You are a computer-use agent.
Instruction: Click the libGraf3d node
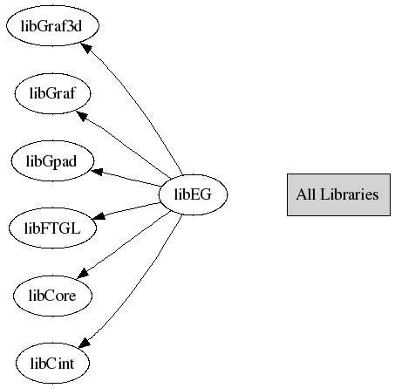(52, 25)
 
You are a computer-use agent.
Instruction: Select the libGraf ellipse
(52, 93)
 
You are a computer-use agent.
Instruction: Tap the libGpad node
(52, 160)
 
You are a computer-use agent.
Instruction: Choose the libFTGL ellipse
(52, 228)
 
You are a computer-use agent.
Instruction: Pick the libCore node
(52, 296)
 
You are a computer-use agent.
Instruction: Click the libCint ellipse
(52, 363)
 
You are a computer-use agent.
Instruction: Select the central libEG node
(194, 194)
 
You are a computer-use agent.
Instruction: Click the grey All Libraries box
(338, 194)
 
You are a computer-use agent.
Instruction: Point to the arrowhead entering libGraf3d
(86, 48)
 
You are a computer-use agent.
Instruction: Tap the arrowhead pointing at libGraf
(82, 116)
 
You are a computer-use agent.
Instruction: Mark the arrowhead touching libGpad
(97, 171)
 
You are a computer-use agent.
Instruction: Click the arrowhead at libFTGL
(99, 216)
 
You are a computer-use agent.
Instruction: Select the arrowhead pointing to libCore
(83, 273)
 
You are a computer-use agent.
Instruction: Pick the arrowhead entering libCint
(84, 343)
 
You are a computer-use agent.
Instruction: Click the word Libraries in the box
(350, 194)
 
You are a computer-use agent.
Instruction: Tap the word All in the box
(306, 194)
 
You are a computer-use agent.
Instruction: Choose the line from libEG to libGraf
(125, 145)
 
